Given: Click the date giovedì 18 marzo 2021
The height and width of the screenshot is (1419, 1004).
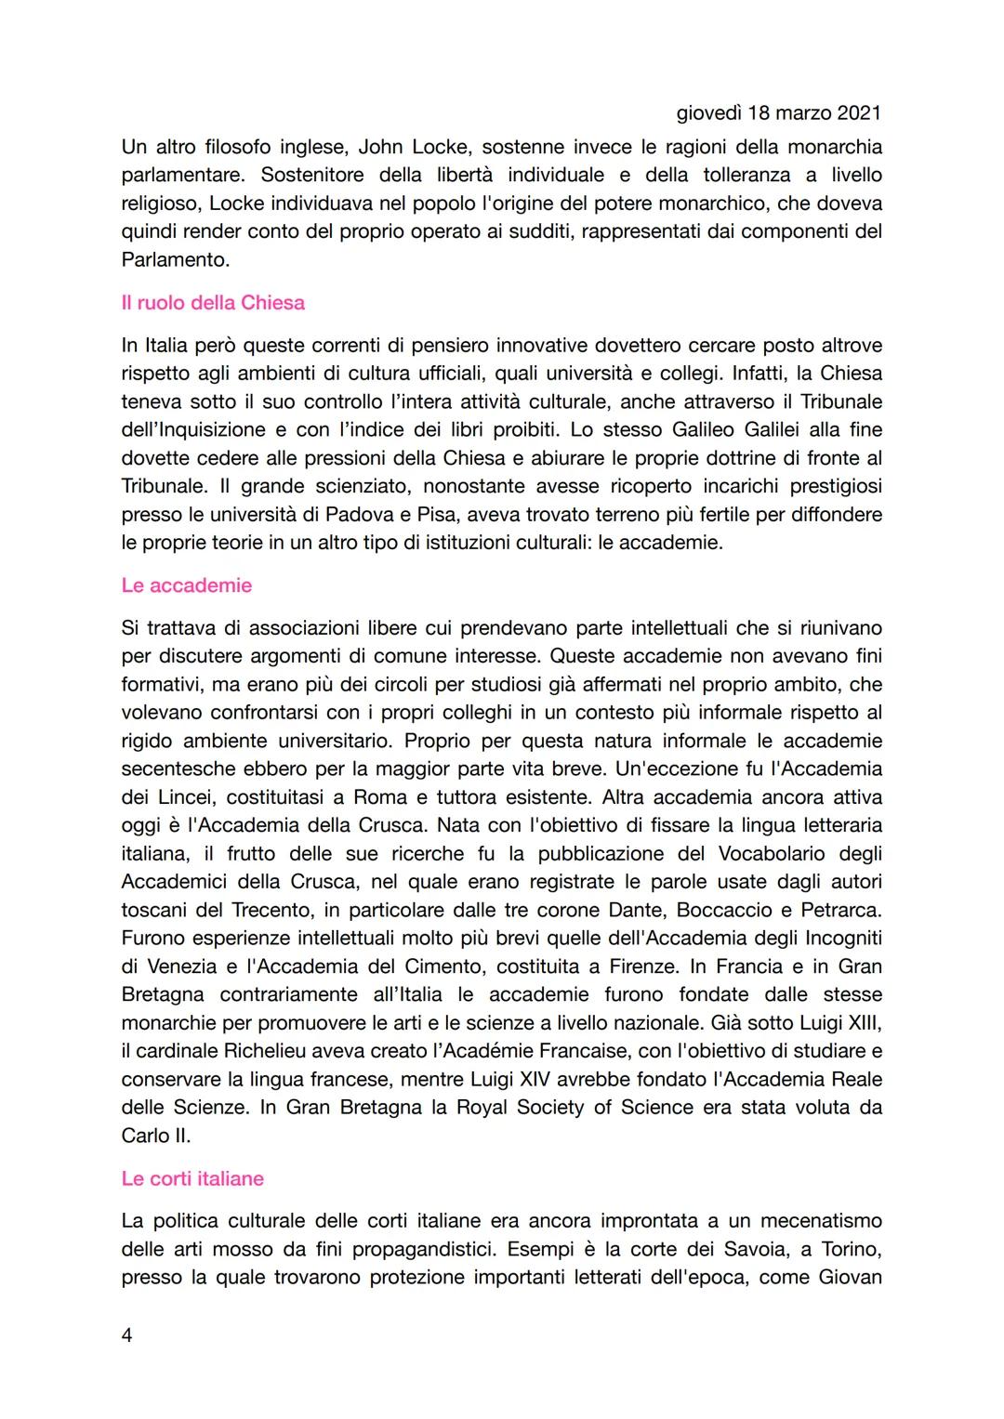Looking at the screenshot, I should pyautogui.click(x=778, y=113).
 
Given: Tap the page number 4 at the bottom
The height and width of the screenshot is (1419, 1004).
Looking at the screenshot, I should pyautogui.click(x=126, y=1335).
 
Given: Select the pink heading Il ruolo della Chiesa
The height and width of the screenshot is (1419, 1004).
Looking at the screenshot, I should pyautogui.click(x=213, y=303).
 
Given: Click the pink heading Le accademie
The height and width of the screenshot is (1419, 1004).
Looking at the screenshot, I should pyautogui.click(x=186, y=585).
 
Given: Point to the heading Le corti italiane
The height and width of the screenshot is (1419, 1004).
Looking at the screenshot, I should pyautogui.click(x=192, y=1178).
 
